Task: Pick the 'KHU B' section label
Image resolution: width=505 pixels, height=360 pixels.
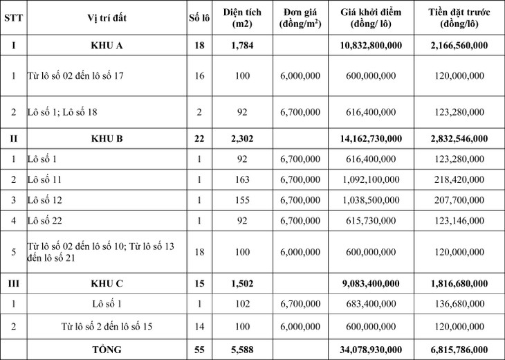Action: tap(107, 138)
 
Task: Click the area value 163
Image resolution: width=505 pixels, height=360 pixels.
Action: tap(241, 179)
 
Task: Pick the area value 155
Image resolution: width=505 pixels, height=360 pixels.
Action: tap(241, 200)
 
